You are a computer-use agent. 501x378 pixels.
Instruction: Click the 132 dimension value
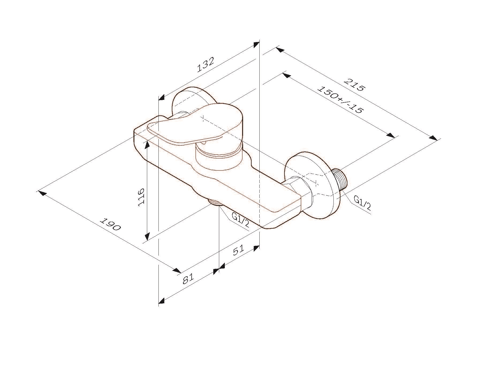point(206,65)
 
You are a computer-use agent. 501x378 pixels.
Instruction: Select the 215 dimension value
point(354,85)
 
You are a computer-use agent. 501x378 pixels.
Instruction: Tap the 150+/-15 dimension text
point(340,99)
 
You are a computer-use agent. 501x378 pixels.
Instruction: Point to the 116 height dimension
point(141,197)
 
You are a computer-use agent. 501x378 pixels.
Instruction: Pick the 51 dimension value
point(238,250)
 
